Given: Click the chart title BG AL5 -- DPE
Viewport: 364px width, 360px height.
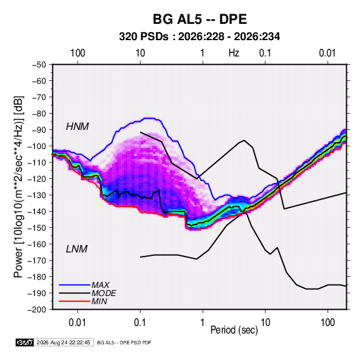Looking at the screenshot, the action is [x=199, y=19].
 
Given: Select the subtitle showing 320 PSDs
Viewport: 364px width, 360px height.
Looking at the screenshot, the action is [x=199, y=37].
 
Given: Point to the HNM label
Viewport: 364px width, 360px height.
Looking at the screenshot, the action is [x=78, y=127].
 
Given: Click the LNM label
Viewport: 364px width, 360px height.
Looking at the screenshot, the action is [x=77, y=249].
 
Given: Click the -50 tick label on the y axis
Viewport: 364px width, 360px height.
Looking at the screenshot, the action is [x=39, y=65].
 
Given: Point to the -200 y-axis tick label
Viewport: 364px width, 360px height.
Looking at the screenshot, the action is [x=37, y=310].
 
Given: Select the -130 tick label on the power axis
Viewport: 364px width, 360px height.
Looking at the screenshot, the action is [x=37, y=195].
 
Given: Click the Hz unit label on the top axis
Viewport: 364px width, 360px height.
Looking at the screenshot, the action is [x=234, y=53].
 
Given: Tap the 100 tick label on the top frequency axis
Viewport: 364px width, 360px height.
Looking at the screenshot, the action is [x=78, y=53].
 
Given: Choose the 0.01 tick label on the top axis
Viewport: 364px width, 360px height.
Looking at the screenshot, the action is [x=327, y=53].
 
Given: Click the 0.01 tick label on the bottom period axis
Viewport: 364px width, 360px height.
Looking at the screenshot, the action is [x=78, y=323].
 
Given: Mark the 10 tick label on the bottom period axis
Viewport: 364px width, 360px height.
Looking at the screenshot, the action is [x=265, y=323].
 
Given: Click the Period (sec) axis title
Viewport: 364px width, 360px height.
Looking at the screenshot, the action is [x=234, y=330].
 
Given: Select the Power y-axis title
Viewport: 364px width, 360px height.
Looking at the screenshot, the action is [x=18, y=187].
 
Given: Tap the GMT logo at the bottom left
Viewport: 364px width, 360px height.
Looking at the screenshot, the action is [x=25, y=342].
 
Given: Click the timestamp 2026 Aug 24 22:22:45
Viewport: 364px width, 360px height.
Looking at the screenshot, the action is [x=63, y=342].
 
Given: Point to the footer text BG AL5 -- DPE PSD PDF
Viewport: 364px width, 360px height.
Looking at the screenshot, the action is [x=125, y=342].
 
